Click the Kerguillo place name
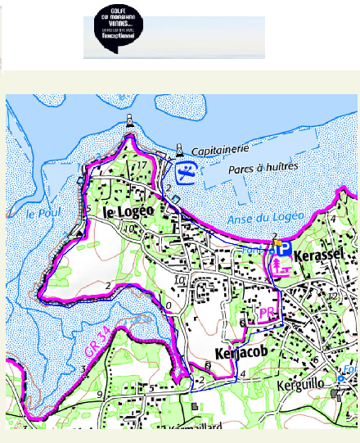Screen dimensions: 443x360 (307, 382)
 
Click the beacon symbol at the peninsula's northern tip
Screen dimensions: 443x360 (129, 124)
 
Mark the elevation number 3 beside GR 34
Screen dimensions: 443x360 (83, 369)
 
